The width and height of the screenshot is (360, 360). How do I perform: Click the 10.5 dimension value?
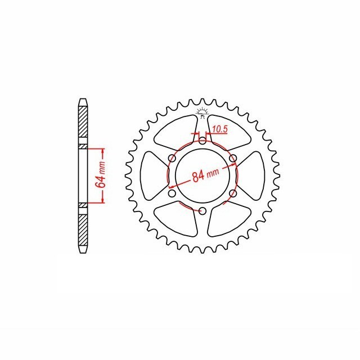219,129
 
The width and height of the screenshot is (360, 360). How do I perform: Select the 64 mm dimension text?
101,176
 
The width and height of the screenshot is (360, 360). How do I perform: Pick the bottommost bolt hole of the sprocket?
202,211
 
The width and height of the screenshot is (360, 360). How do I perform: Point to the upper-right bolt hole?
232,159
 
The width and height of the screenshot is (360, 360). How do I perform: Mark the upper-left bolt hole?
172,159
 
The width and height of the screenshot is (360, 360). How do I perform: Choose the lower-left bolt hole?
172,193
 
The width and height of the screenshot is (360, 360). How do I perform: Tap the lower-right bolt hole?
232,193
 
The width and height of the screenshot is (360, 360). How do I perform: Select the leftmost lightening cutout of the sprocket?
150,176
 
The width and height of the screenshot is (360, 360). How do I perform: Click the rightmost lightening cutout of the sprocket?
254,176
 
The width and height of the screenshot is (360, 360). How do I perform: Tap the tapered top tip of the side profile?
83,102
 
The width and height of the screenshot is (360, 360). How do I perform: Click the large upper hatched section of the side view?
83,125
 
